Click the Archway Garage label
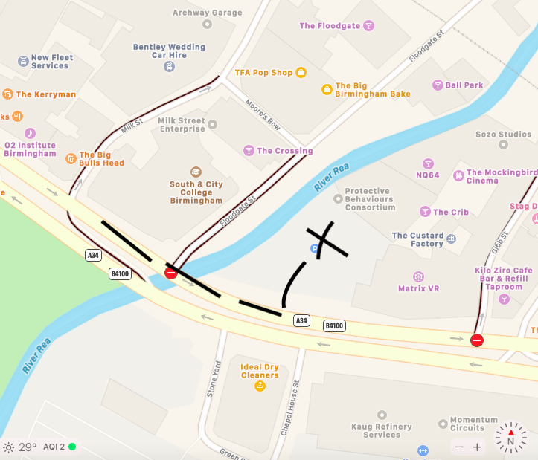pyautogui.click(x=207, y=13)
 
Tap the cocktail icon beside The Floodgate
pyautogui.click(x=368, y=26)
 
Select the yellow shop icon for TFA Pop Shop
pyautogui.click(x=301, y=73)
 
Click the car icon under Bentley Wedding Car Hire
pyautogui.click(x=169, y=67)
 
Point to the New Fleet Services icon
pyautogui.click(x=23, y=61)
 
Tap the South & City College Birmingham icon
pyautogui.click(x=196, y=172)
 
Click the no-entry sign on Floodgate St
pyautogui.click(x=171, y=273)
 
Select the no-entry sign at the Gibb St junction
pyautogui.click(x=477, y=340)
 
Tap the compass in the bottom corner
pyautogui.click(x=510, y=438)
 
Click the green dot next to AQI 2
pyautogui.click(x=72, y=447)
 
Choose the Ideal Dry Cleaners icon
pyautogui.click(x=260, y=386)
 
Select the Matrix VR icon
pyautogui.click(x=418, y=276)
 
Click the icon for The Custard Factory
pyautogui.click(x=452, y=242)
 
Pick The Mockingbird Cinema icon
pyautogui.click(x=459, y=176)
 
